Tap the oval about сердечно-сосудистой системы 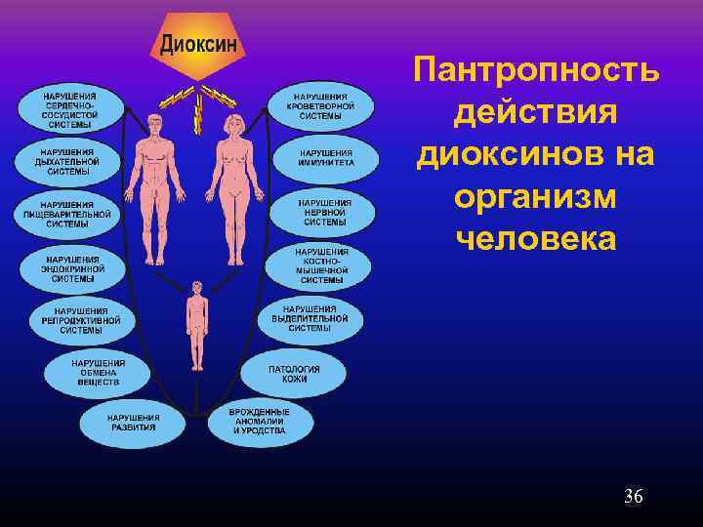tap(68, 111)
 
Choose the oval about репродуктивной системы tap(81, 319)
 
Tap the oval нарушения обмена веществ tap(98, 372)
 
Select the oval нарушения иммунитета tap(326, 158)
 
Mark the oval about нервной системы tap(325, 211)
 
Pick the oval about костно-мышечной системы tap(322, 265)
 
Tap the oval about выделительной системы tap(310, 318)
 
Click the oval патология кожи tap(294, 372)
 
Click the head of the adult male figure tap(154, 124)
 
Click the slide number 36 tap(634, 498)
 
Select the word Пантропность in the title tap(536, 71)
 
